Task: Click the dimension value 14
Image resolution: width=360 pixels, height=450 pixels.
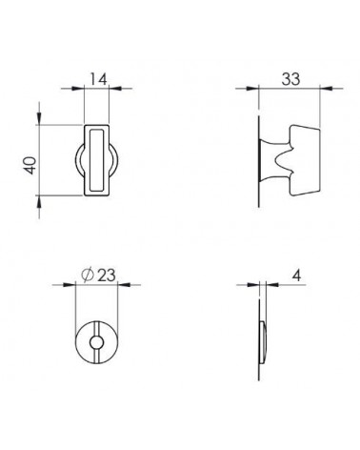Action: [x=98, y=79]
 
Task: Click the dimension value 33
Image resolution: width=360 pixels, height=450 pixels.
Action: [x=290, y=79]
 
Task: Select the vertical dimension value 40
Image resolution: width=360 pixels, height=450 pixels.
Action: [x=30, y=165]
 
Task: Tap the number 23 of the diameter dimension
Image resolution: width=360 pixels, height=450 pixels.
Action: [x=107, y=276]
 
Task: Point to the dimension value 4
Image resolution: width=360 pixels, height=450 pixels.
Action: [x=296, y=276]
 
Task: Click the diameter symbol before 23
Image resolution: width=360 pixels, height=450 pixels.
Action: [x=88, y=276]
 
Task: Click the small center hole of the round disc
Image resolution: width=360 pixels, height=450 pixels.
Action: [x=96, y=342]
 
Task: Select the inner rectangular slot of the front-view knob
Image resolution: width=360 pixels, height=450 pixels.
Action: [x=96, y=160]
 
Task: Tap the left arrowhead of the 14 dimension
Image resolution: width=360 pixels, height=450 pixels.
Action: [x=78, y=89]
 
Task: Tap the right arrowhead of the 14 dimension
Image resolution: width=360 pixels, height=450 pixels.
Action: [x=115, y=89]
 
